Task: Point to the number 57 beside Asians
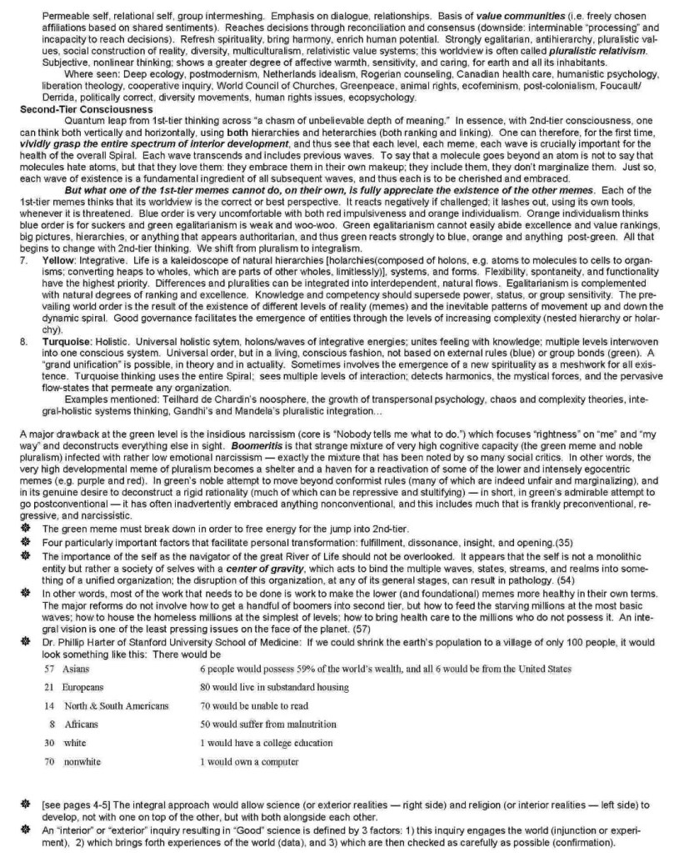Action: tap(49, 669)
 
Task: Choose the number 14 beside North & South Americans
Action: tap(49, 705)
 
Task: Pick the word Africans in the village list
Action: tap(82, 724)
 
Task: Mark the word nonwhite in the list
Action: tap(82, 761)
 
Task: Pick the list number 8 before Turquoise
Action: tap(22, 341)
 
